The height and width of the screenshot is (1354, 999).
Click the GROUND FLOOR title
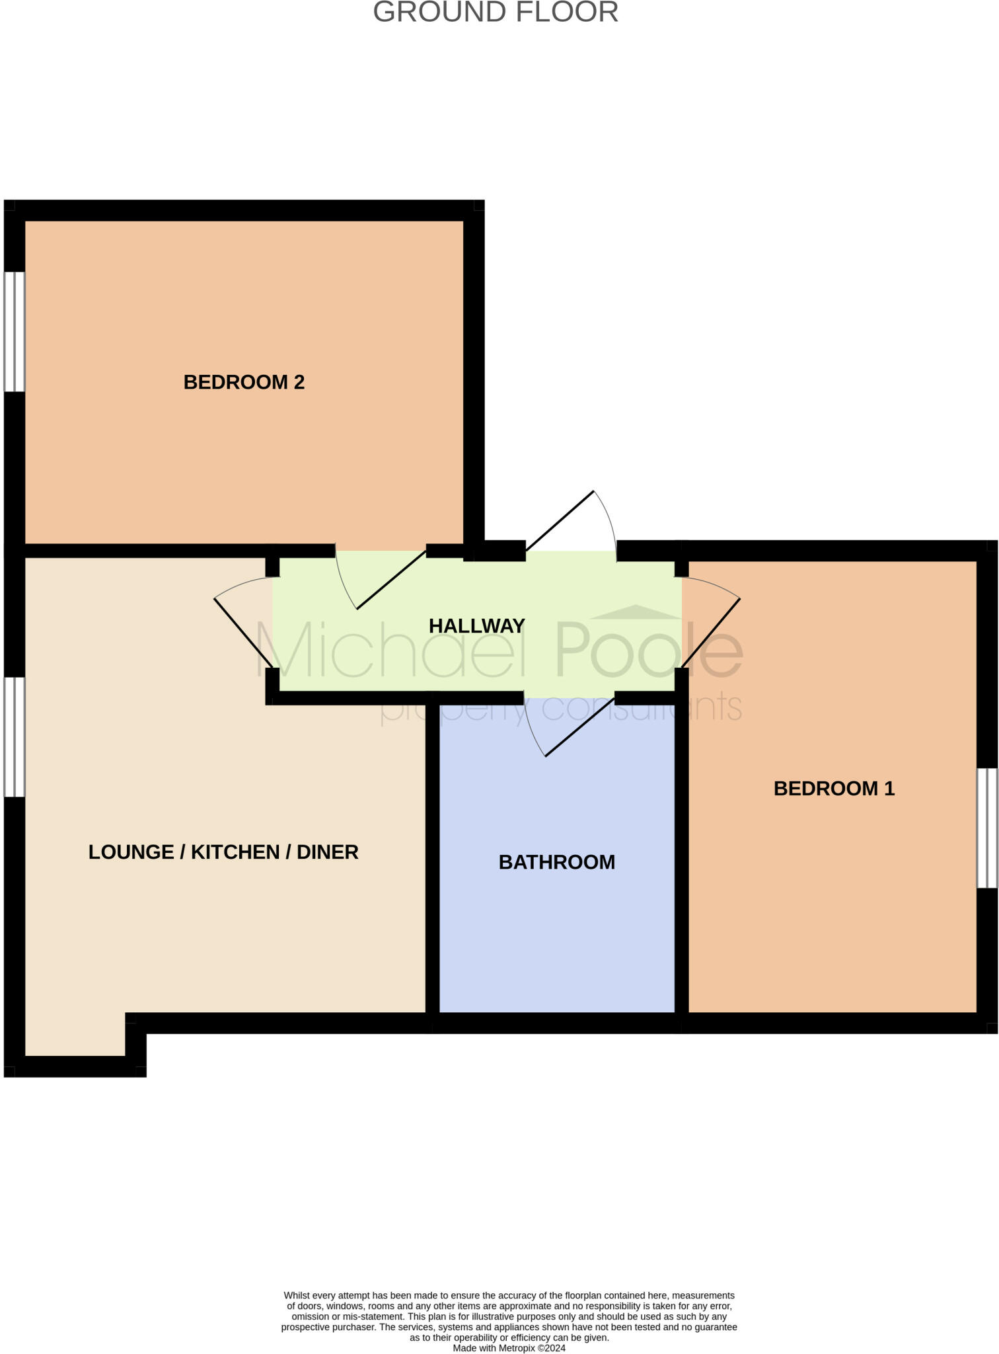click(496, 12)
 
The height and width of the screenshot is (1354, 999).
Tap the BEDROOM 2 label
click(244, 382)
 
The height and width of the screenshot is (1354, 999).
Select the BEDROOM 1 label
click(834, 788)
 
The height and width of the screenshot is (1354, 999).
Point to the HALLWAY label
click(476, 625)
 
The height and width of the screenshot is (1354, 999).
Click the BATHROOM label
click(556, 862)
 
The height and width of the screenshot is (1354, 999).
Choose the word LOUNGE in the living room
click(131, 852)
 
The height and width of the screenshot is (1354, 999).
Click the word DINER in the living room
click(328, 852)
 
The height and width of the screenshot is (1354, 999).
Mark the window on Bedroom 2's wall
click(15, 331)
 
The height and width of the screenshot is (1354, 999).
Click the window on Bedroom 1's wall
click(987, 827)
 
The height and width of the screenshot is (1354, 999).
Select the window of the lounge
click(15, 737)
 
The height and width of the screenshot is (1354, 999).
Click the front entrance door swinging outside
click(560, 520)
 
